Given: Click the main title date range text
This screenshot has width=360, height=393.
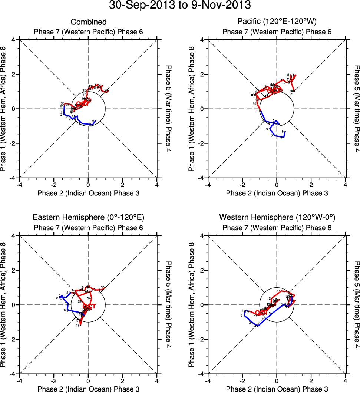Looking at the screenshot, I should click(180, 6).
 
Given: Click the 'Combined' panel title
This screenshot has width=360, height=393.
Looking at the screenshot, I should click(88, 22).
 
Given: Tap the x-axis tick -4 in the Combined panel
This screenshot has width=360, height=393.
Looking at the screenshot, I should click(19, 184).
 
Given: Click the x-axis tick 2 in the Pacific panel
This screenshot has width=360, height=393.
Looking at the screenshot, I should click(311, 184).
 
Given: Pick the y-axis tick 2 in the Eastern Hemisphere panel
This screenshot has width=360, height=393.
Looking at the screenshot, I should click(15, 270).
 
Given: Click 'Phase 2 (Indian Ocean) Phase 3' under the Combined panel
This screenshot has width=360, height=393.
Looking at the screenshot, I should click(88, 193).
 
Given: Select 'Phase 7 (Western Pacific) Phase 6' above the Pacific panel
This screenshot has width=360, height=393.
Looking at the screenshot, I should click(277, 32).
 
